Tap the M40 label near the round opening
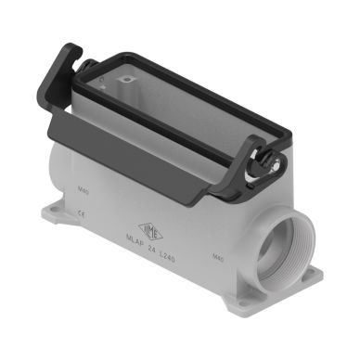pyautogui.click(x=218, y=261)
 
